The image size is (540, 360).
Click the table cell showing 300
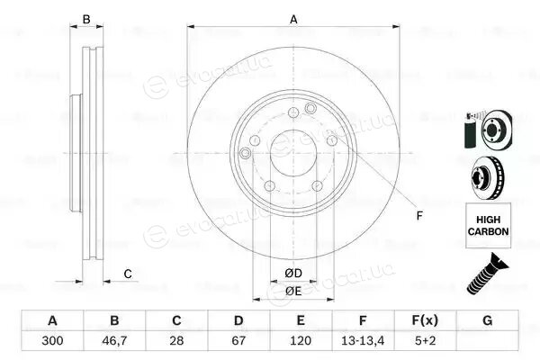click(x=52, y=341)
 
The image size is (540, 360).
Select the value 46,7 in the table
click(x=114, y=341)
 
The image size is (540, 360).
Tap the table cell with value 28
click(x=176, y=341)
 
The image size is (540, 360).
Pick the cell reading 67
click(x=238, y=341)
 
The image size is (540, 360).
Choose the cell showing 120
click(x=301, y=341)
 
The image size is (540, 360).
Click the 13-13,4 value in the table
click(x=363, y=341)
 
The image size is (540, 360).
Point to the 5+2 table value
click(x=425, y=341)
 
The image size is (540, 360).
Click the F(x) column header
click(x=425, y=320)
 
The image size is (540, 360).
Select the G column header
click(x=487, y=320)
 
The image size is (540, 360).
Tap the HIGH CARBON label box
click(x=489, y=225)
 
